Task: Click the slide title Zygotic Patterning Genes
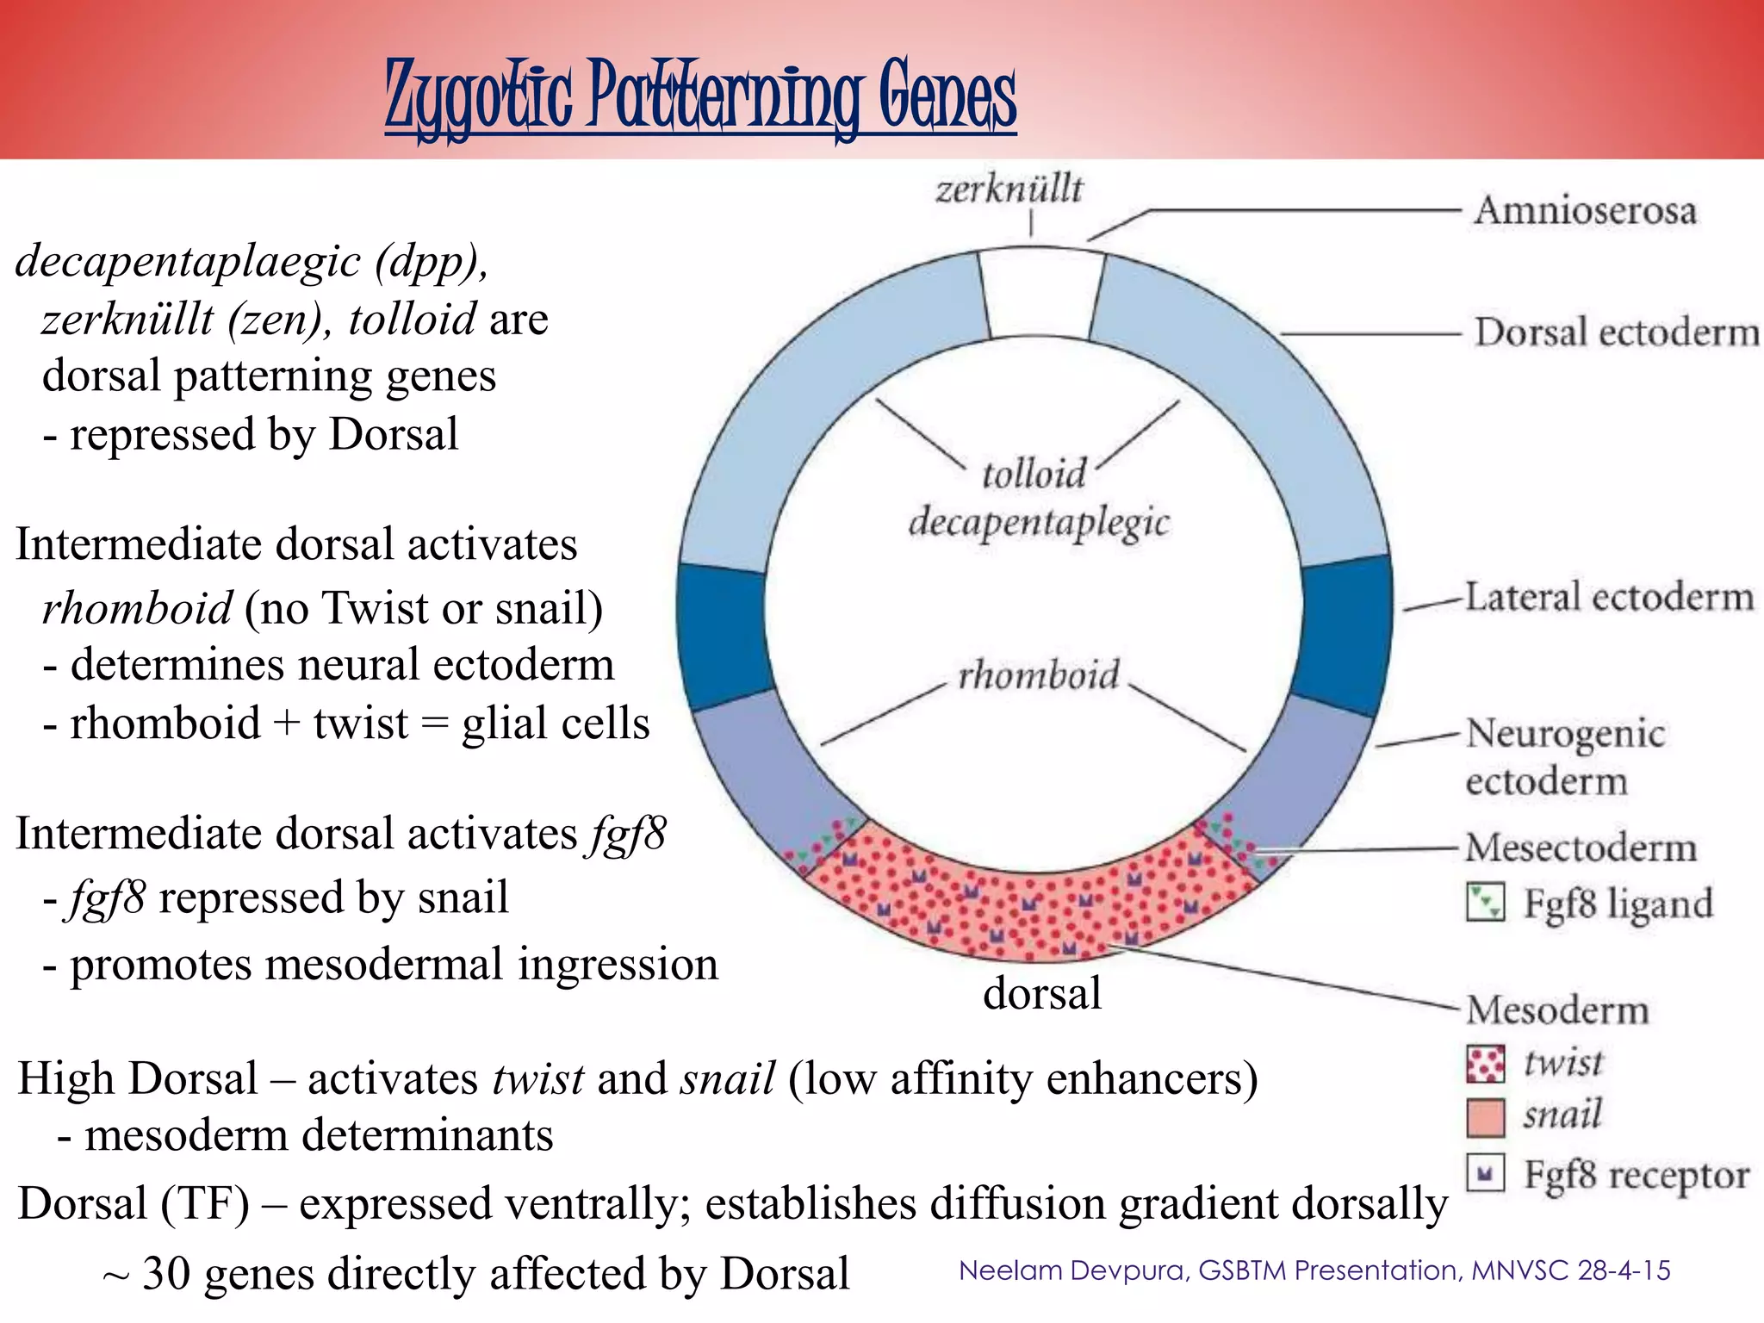[x=700, y=96]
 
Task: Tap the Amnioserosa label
[x=1585, y=211]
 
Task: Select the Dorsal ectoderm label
[x=1616, y=332]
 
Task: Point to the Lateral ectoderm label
[x=1609, y=597]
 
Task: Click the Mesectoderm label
[x=1581, y=848]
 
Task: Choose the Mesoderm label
[x=1557, y=1009]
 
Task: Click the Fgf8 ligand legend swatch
[x=1485, y=903]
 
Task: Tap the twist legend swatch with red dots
[x=1485, y=1064]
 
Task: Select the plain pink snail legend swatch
[x=1485, y=1117]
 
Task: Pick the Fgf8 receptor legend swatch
[x=1485, y=1172]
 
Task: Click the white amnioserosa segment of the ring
[x=1041, y=293]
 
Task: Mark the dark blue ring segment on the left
[x=722, y=636]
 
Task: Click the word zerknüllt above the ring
[x=1009, y=189]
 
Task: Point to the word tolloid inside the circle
[x=1034, y=474]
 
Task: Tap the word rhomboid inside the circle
[x=1039, y=674]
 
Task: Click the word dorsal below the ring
[x=1042, y=993]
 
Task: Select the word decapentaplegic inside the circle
[x=1040, y=522]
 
